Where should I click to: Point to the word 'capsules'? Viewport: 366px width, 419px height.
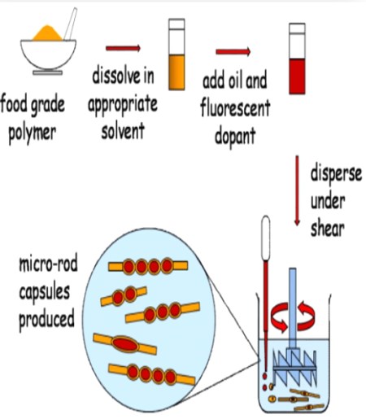point(42,290)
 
